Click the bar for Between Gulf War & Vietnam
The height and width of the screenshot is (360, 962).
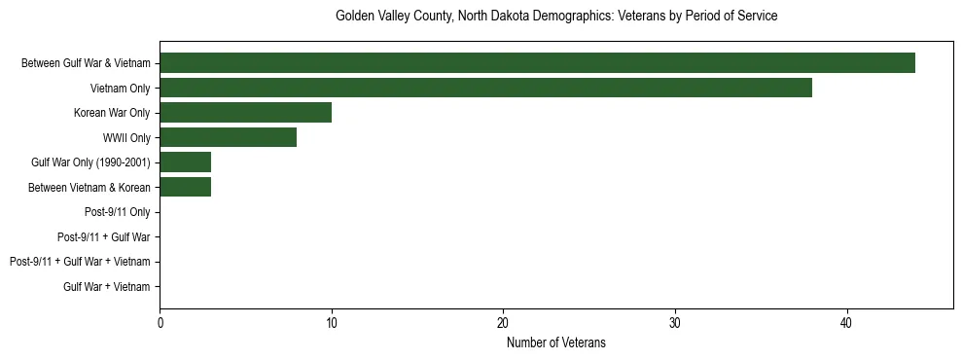[x=537, y=63]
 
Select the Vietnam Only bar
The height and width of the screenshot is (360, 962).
[x=485, y=89]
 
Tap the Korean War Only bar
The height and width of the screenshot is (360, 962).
[x=245, y=113]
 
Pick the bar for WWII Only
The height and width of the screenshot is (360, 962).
[x=228, y=137]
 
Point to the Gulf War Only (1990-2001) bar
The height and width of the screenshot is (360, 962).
[x=185, y=162]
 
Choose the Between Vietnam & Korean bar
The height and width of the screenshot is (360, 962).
[x=185, y=187]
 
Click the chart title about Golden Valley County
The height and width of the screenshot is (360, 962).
[x=556, y=17]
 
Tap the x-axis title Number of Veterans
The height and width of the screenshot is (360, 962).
[x=556, y=342]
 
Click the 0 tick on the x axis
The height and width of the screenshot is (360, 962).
[x=160, y=323]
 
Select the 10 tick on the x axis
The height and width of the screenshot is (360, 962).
[x=332, y=323]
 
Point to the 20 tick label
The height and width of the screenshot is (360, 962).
[x=503, y=323]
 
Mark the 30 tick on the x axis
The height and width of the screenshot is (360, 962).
[x=675, y=323]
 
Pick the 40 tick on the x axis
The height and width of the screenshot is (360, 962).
[x=846, y=323]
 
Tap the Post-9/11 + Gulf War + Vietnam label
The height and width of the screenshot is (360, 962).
[x=80, y=262]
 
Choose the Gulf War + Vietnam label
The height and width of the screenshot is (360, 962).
[x=107, y=286]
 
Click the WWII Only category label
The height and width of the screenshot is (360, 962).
[x=126, y=137]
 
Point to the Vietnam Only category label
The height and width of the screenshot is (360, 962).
[x=120, y=89]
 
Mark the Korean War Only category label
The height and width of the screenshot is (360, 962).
[x=112, y=113]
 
